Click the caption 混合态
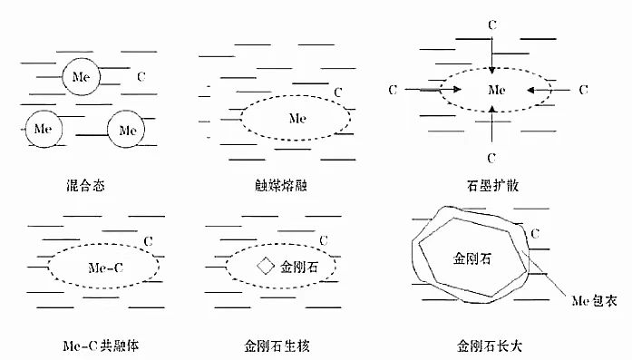tap(85, 186)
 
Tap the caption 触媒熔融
tap(281, 186)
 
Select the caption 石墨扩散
tap(492, 186)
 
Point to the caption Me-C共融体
tap(101, 345)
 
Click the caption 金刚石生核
tap(277, 345)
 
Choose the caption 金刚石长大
tap(490, 345)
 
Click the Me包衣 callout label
tap(594, 301)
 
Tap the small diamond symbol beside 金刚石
tap(266, 267)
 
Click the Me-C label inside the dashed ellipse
tap(105, 268)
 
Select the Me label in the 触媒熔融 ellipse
tap(297, 118)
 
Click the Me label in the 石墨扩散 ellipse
tap(497, 90)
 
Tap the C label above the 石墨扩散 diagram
tap(492, 25)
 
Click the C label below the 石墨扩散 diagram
tap(491, 158)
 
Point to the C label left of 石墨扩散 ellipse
tap(393, 90)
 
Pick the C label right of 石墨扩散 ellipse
tap(583, 90)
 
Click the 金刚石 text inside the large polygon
tap(472, 258)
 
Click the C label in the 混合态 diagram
tap(141, 76)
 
